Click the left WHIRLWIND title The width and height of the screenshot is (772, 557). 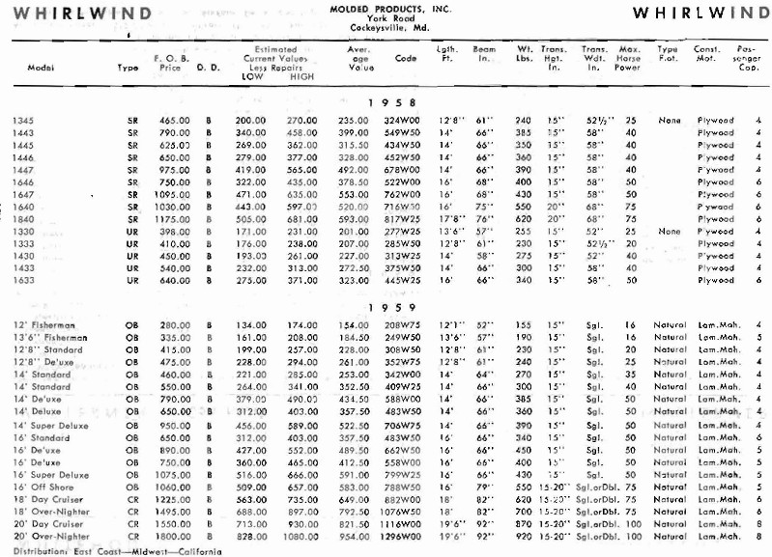click(x=81, y=14)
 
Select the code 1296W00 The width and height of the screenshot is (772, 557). click(x=403, y=534)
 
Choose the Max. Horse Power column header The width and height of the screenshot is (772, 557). click(x=630, y=58)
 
